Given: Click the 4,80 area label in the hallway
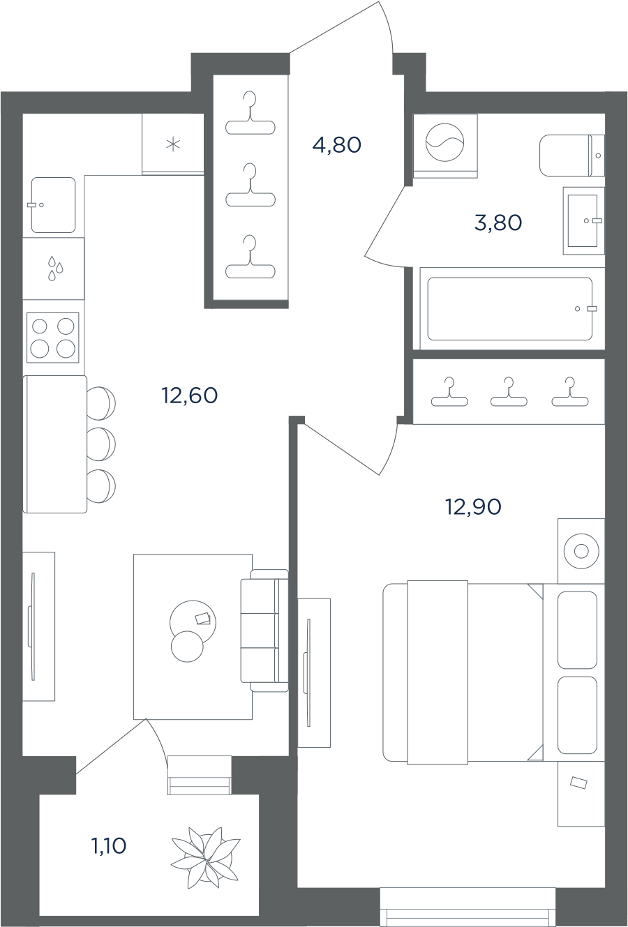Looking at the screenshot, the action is [x=337, y=145].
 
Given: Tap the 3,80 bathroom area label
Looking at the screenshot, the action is [x=498, y=223].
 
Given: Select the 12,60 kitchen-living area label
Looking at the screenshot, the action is [x=190, y=395].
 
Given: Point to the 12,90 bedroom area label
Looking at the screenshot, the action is [x=473, y=506].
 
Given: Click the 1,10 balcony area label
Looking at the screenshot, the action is [x=109, y=846].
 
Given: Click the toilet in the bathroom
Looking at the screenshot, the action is [x=572, y=155].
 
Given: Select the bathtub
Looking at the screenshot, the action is [x=512, y=308].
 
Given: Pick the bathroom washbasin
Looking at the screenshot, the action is [x=584, y=220].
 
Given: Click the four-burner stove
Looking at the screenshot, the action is [x=52, y=338].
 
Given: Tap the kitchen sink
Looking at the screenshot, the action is [x=54, y=205].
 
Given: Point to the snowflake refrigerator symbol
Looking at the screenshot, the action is [x=173, y=144].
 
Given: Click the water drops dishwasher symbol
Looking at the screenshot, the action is [x=55, y=268].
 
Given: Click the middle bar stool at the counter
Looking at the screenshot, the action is [x=101, y=444].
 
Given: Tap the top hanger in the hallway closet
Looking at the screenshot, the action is [x=251, y=113].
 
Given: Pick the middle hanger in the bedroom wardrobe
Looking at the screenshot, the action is [x=509, y=391].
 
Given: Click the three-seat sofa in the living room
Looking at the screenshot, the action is [x=264, y=631].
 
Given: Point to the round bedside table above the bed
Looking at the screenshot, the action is [x=581, y=551].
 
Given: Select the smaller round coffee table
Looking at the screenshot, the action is [x=187, y=647].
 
